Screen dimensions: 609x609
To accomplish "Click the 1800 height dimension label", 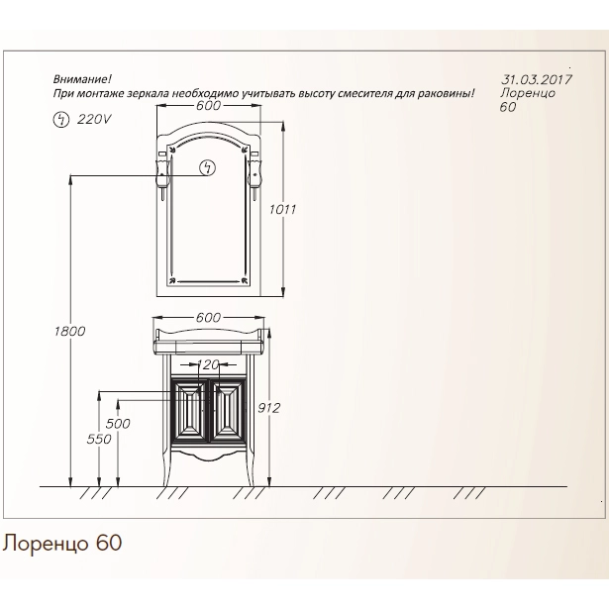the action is pyautogui.click(x=69, y=332).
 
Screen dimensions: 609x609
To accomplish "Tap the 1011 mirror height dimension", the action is pyautogui.click(x=282, y=210).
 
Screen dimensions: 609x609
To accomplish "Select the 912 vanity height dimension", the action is pyautogui.click(x=268, y=408).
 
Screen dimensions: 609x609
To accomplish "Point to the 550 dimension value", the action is pyautogui.click(x=99, y=439).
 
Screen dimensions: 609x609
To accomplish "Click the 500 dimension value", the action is pyautogui.click(x=118, y=424).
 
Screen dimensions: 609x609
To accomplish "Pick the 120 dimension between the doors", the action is pyautogui.click(x=208, y=364).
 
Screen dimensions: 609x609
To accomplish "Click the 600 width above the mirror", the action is pyautogui.click(x=208, y=105).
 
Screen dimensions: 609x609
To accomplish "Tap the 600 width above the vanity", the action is pyautogui.click(x=208, y=318).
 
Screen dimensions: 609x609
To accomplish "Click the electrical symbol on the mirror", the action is pyautogui.click(x=207, y=168).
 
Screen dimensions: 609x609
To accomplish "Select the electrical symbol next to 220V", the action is pyautogui.click(x=60, y=119).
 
